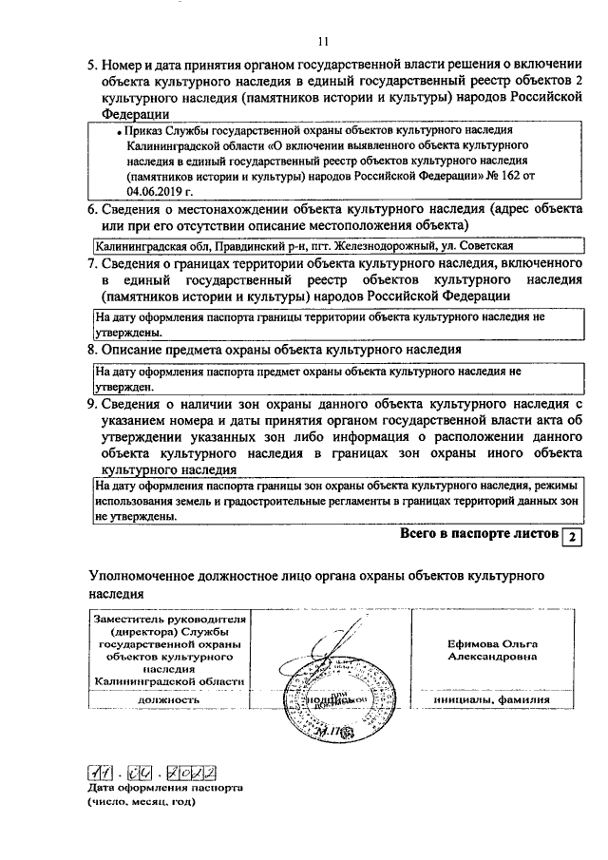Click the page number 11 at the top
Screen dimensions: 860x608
coord(323,41)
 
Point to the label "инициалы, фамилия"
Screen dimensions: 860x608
coord(492,698)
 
